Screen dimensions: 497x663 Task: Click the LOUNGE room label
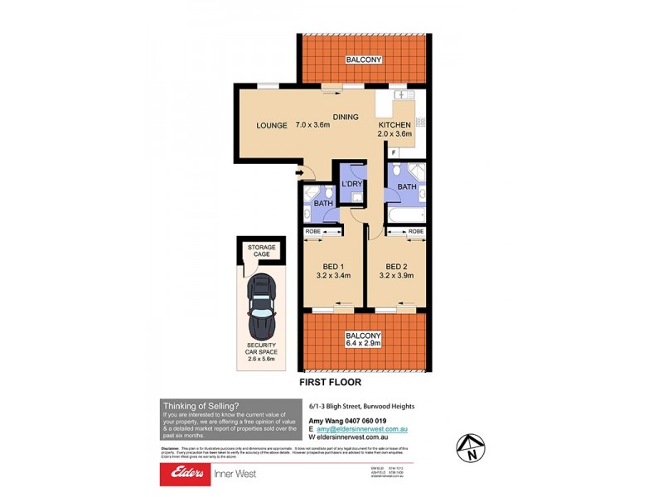click(272, 126)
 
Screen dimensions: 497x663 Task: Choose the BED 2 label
click(394, 267)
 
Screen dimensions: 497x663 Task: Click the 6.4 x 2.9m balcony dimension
click(363, 345)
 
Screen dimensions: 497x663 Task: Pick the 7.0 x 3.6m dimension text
click(314, 126)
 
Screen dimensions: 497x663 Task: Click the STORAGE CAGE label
click(261, 250)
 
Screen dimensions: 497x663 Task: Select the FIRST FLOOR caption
click(330, 383)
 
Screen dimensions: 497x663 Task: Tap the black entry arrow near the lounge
click(299, 173)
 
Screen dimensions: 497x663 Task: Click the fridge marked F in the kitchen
click(394, 153)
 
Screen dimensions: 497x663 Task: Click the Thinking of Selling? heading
click(201, 406)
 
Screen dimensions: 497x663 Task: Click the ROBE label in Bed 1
click(313, 231)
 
